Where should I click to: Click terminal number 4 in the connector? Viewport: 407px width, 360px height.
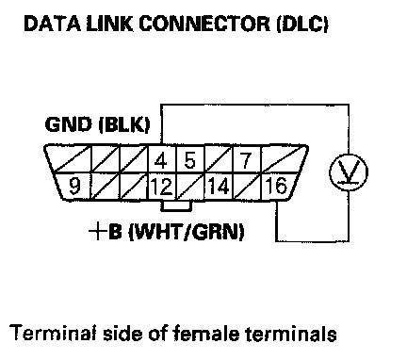point(161,161)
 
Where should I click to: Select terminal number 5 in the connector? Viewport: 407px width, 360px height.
point(189,160)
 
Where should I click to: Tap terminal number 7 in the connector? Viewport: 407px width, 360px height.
point(246,160)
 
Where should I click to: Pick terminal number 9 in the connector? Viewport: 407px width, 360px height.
point(74,186)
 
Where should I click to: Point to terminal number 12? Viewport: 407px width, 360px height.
point(161,187)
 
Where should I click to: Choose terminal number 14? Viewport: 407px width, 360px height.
point(219,186)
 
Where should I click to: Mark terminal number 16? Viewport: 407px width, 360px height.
point(276,186)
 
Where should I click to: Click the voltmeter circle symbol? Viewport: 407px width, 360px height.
point(349,172)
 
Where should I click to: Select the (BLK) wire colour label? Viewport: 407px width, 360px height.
point(124,125)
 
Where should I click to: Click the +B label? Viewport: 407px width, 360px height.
point(105,232)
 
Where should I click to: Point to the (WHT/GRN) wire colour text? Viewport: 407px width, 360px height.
point(187,232)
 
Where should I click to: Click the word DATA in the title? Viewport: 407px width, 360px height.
point(52,24)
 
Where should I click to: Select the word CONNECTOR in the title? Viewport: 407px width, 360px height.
point(204,24)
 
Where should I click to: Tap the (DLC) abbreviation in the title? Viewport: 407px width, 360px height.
point(302,24)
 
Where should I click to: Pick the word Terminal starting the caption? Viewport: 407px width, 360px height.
point(54,333)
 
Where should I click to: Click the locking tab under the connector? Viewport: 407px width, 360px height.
point(175,206)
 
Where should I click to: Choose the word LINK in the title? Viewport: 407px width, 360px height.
point(109,24)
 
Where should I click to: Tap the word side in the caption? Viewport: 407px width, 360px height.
point(123,333)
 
